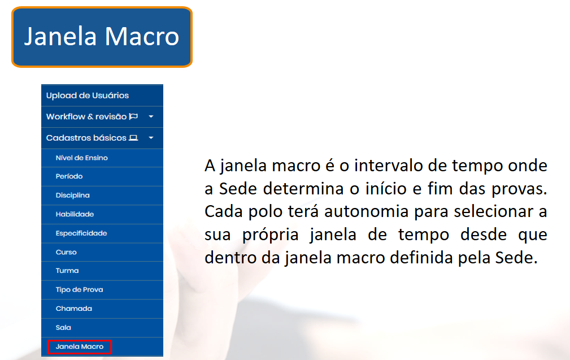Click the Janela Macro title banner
[x=102, y=37]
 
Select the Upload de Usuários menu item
[x=87, y=96]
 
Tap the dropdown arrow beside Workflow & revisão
[x=151, y=117]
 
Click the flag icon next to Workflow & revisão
[x=133, y=116]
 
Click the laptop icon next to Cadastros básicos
[x=133, y=138]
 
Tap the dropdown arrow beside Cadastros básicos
[x=151, y=138]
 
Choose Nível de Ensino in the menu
[x=82, y=158]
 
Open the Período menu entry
[x=69, y=176]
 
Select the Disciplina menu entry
[x=73, y=196]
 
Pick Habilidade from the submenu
[x=75, y=214]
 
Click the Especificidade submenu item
[x=81, y=233]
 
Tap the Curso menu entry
[x=66, y=252]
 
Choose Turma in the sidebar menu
[x=67, y=271]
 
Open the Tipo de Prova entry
[x=79, y=290]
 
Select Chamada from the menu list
[x=74, y=309]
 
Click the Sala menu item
[x=63, y=328]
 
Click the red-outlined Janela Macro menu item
[x=80, y=347]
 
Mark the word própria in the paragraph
[x=270, y=235]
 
